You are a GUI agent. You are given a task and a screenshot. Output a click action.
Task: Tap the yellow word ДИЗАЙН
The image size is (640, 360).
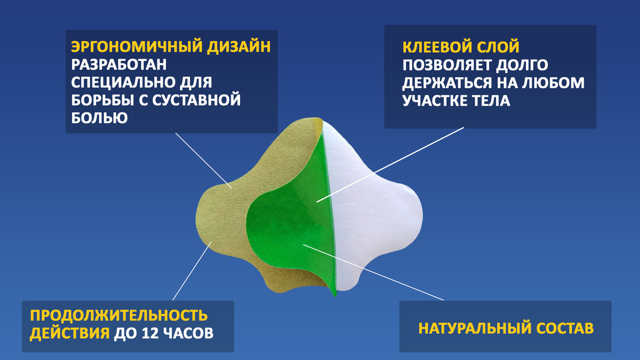tap(239, 46)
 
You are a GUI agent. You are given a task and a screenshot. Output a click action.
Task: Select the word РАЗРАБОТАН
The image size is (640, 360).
tap(119, 65)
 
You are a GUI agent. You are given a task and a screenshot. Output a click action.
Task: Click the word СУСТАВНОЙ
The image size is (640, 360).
tap(196, 100)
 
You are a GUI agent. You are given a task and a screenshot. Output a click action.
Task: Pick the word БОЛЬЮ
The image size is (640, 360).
tap(99, 118)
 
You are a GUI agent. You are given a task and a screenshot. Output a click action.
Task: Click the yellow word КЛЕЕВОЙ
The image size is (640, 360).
tap(437, 47)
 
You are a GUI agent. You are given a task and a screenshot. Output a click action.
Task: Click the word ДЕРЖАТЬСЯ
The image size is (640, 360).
tap(447, 83)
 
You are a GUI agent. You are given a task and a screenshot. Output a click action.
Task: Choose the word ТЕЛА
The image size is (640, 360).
tap(491, 101)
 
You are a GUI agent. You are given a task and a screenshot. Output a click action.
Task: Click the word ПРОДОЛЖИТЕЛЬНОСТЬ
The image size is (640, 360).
tap(119, 315)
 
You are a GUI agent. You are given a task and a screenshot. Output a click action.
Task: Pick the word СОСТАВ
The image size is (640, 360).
tap(565, 329)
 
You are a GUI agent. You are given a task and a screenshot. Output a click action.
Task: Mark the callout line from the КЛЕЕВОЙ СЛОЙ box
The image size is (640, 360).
tap(390, 165)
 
